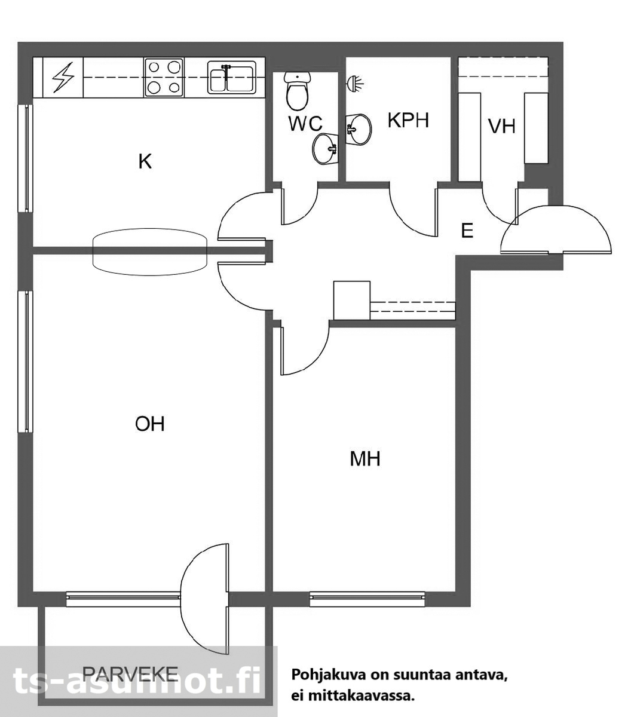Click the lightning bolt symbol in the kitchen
coord(63,78)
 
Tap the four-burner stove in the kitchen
coord(164,78)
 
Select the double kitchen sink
coord(231,78)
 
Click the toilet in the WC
coord(297,90)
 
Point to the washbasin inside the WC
coord(326,149)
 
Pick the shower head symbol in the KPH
coord(355,83)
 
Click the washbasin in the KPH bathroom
coord(358,128)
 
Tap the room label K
coord(145,161)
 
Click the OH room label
coord(149,424)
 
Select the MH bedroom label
coord(365,459)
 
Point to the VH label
coord(502,127)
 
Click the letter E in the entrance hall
coord(467,230)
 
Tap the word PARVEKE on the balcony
coord(130,673)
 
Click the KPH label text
coord(408,120)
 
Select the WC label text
coord(305,123)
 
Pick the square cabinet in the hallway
coord(352,301)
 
